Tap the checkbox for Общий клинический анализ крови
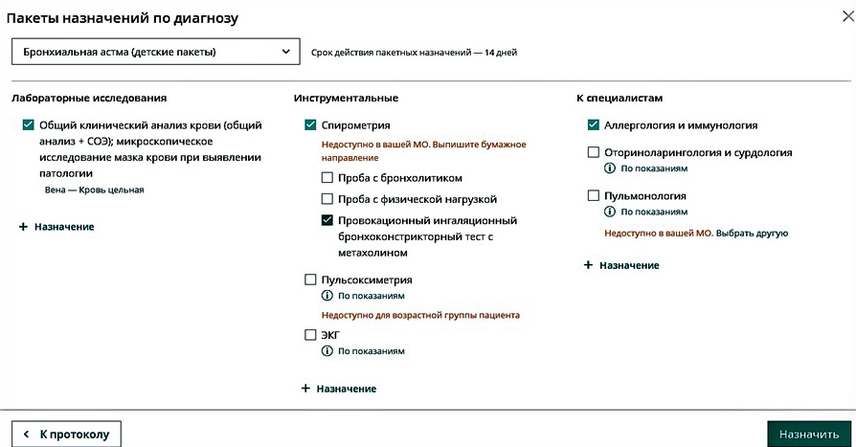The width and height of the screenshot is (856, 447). pyautogui.click(x=28, y=125)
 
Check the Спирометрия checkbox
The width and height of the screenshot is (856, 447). pyautogui.click(x=310, y=125)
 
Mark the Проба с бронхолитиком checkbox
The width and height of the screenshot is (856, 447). pyautogui.click(x=328, y=178)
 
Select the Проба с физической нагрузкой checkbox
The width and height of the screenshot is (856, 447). pyautogui.click(x=328, y=199)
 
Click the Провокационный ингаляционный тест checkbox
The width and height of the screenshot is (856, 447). pyautogui.click(x=328, y=220)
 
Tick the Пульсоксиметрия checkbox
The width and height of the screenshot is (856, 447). pyautogui.click(x=310, y=280)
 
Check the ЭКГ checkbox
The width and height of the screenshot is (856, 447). pyautogui.click(x=310, y=335)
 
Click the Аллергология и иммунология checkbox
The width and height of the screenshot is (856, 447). pyautogui.click(x=594, y=125)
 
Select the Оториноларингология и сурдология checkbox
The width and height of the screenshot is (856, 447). pyautogui.click(x=594, y=152)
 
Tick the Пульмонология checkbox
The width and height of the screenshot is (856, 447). pyautogui.click(x=594, y=196)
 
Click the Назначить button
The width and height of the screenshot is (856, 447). pyautogui.click(x=808, y=434)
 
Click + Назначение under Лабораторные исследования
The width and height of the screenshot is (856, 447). pyautogui.click(x=56, y=227)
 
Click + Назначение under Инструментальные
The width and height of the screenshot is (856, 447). pyautogui.click(x=339, y=389)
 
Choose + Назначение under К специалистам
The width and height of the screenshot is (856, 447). pyautogui.click(x=621, y=265)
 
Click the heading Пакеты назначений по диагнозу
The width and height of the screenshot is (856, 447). pyautogui.click(x=123, y=18)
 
